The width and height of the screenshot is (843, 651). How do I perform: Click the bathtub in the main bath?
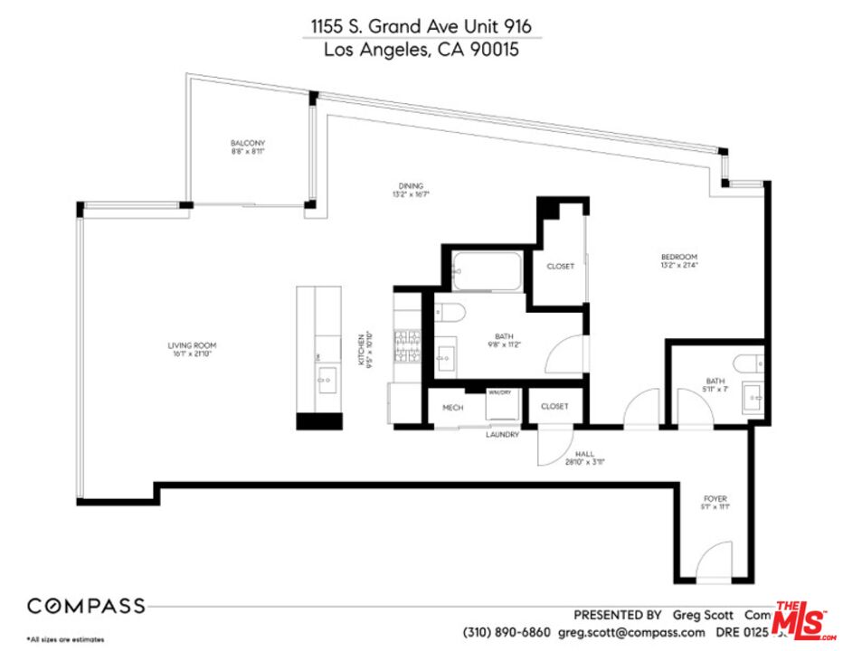click(x=487, y=271)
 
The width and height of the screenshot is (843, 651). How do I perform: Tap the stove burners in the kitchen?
click(x=406, y=347)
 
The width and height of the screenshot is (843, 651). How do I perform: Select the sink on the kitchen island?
click(x=327, y=377)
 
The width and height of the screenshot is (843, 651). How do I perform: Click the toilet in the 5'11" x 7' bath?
click(x=750, y=363)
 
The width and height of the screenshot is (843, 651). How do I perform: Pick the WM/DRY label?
click(x=499, y=392)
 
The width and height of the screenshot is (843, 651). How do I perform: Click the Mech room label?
click(x=452, y=408)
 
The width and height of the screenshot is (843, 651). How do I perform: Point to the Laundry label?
click(x=502, y=435)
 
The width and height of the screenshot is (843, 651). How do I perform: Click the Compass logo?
click(x=85, y=606)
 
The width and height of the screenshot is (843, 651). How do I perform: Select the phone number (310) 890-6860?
click(x=506, y=632)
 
